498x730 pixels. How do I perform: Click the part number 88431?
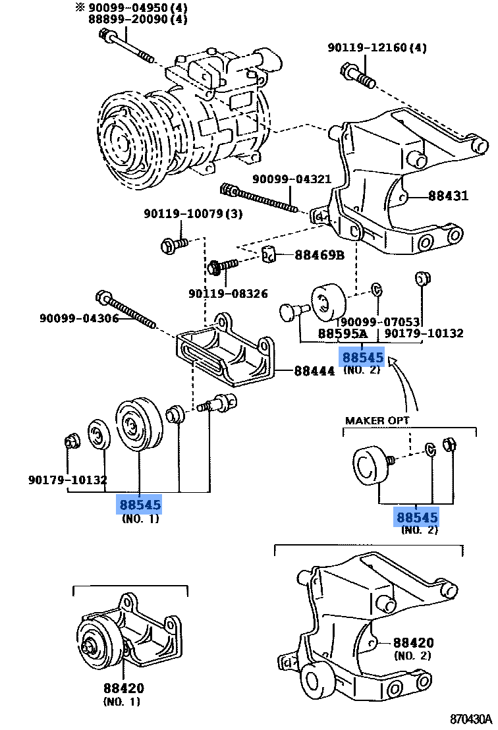448,196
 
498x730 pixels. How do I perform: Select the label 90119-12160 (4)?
377,47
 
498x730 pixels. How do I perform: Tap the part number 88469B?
319,255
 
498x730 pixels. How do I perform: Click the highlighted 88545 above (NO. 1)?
140,505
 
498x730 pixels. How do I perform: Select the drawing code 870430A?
471,718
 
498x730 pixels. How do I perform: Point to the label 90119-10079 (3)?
193,213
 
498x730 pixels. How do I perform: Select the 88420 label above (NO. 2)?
413,642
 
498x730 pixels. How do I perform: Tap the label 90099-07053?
379,322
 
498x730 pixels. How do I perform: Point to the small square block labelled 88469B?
267,254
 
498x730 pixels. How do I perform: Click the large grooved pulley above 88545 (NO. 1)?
136,425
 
